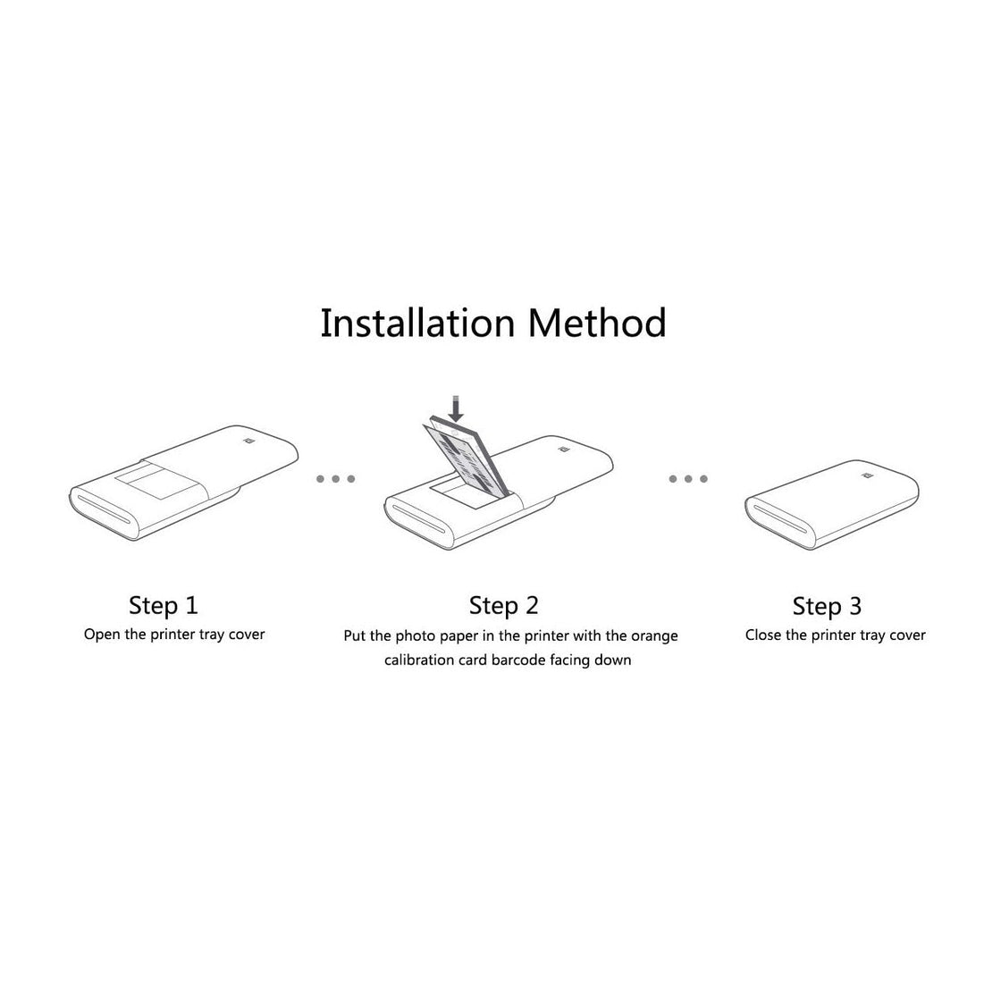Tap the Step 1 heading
[163, 605]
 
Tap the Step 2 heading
[504, 606]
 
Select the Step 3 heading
[827, 607]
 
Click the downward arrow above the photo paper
[457, 408]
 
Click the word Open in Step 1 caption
[102, 635]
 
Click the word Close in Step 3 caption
[763, 635]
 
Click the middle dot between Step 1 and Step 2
[336, 479]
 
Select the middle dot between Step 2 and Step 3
[688, 479]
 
